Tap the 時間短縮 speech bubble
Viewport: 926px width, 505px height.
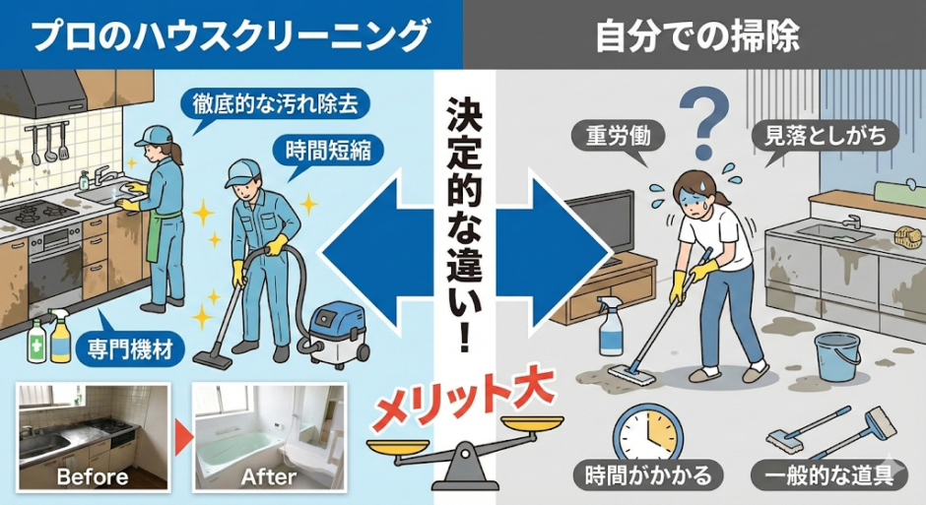click(328, 151)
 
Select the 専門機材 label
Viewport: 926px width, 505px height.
click(130, 348)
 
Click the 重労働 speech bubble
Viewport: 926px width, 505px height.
click(618, 137)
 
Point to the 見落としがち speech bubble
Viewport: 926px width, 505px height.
click(825, 136)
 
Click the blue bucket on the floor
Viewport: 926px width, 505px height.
click(836, 357)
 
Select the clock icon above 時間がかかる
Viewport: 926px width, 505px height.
click(648, 433)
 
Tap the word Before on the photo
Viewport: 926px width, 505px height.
click(93, 476)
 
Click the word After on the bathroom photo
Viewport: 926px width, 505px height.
click(269, 476)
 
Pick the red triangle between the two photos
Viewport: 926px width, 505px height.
click(183, 438)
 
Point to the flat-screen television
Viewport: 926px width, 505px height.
click(599, 227)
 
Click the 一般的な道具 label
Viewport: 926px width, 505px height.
click(828, 474)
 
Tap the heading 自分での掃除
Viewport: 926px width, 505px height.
click(697, 35)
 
